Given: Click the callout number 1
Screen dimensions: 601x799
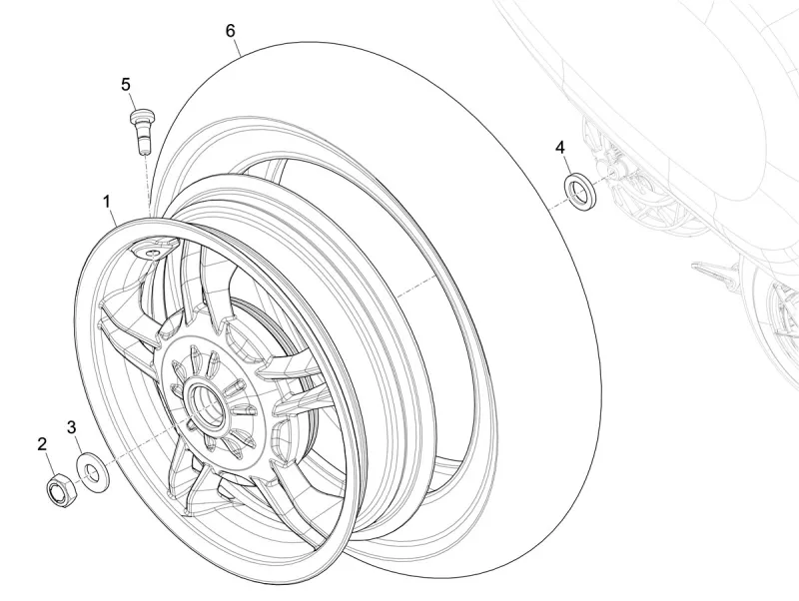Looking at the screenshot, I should tap(106, 203).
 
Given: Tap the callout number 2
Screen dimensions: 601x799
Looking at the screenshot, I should tap(43, 443).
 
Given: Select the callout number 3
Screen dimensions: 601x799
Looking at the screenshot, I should tap(72, 427).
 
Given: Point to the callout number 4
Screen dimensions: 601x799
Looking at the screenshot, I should tap(560, 148).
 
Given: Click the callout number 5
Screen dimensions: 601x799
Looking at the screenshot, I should tap(127, 84).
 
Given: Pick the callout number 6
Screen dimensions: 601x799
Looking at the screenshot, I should tap(231, 30).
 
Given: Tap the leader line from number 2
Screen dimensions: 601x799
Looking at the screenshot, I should tap(48, 462).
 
